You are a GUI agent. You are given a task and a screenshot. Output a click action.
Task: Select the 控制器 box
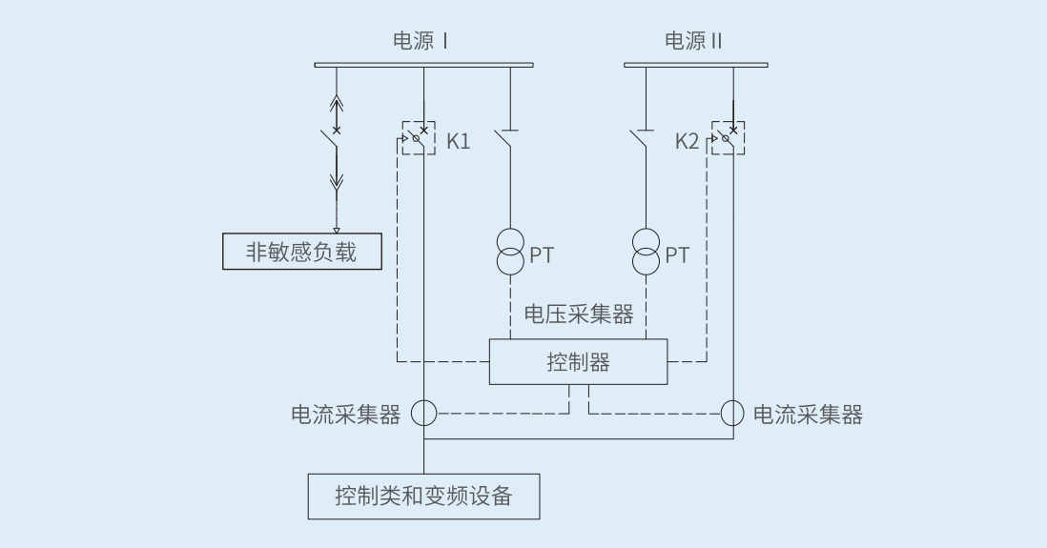pyautogui.click(x=578, y=362)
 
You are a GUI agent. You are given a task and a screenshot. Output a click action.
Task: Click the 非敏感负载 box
pyautogui.click(x=301, y=253)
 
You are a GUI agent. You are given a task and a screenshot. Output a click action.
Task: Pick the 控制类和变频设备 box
pyautogui.click(x=423, y=496)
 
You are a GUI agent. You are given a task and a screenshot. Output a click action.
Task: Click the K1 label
pyautogui.click(x=458, y=141)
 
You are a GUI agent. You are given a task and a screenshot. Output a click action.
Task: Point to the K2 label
pyautogui.click(x=687, y=141)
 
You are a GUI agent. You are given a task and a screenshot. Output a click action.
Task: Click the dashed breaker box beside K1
pyautogui.click(x=419, y=137)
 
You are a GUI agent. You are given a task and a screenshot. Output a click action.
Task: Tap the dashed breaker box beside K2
pyautogui.click(x=729, y=137)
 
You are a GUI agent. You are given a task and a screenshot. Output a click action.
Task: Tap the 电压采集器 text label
pyautogui.click(x=579, y=314)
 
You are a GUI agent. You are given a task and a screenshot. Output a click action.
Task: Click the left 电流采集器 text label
pyautogui.click(x=346, y=415)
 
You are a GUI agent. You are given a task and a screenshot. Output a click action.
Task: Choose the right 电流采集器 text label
pyautogui.click(x=809, y=415)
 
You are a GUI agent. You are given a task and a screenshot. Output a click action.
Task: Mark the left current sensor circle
pyautogui.click(x=423, y=413)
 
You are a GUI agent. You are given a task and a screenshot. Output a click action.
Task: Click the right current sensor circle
pyautogui.click(x=732, y=413)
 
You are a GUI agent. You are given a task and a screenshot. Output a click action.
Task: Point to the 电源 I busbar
pyautogui.click(x=423, y=65)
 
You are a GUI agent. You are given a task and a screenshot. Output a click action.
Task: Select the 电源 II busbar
pyautogui.click(x=695, y=65)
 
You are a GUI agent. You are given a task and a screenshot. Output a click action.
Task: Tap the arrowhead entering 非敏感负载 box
pyautogui.click(x=336, y=230)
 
